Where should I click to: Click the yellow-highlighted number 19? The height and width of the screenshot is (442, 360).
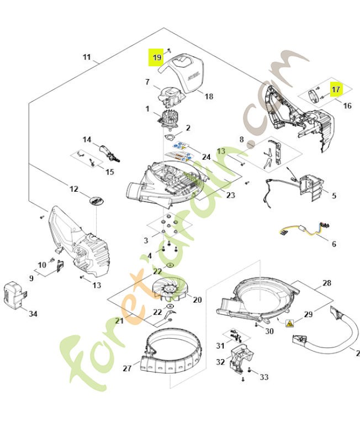[x=157, y=57]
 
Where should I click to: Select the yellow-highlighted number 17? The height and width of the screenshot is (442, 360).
[x=336, y=88]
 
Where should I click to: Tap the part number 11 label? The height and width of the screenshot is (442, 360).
[x=87, y=57]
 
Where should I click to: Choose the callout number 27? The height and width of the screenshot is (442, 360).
[x=126, y=368]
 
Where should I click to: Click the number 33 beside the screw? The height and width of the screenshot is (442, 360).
[x=264, y=377]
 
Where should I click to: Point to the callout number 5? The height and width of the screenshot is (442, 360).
[x=333, y=196]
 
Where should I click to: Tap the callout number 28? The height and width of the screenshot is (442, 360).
[x=327, y=283]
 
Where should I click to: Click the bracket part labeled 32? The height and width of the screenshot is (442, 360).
[x=239, y=359]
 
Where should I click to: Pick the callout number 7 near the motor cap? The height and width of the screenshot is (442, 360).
[x=147, y=82]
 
